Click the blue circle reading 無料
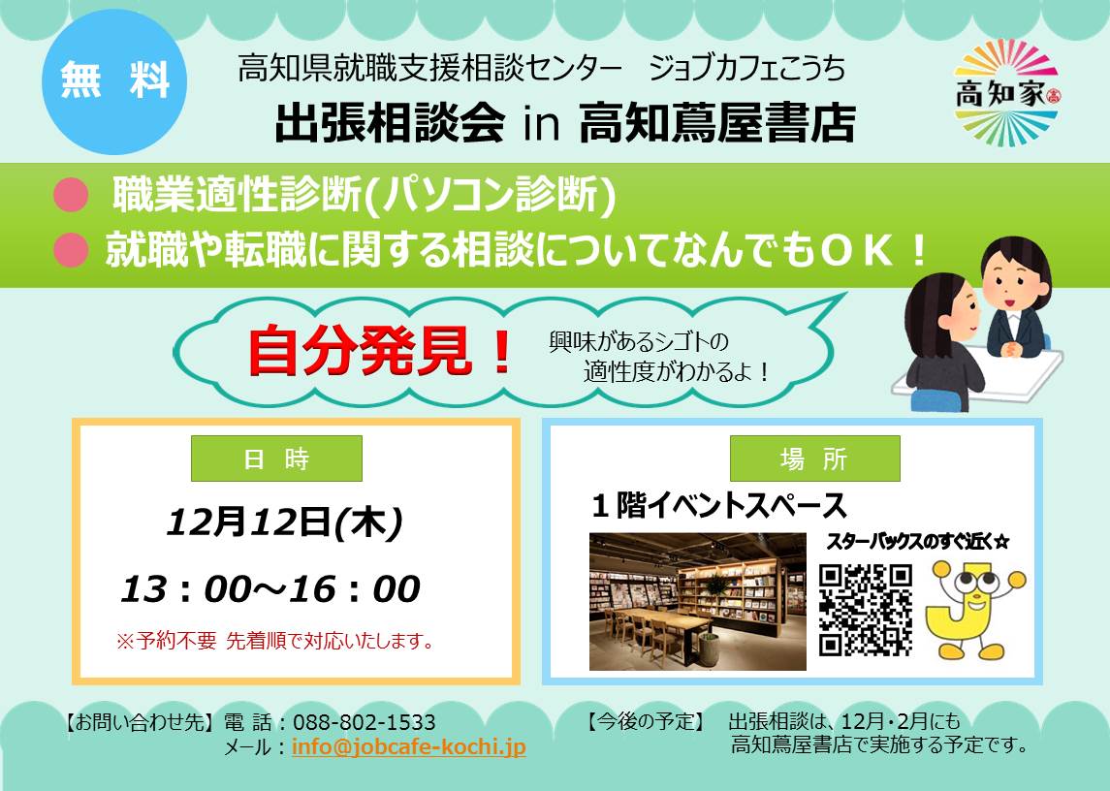(x=114, y=80)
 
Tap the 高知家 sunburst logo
(x=1006, y=93)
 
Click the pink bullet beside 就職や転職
(x=71, y=249)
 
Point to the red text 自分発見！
(x=380, y=351)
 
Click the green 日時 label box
(x=277, y=459)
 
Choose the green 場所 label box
(x=814, y=459)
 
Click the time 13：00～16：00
(x=270, y=589)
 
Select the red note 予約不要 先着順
(x=274, y=641)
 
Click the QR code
(x=865, y=610)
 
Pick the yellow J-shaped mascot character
(x=975, y=609)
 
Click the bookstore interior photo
(x=697, y=601)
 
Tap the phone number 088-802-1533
(x=364, y=722)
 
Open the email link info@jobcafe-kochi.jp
(x=408, y=747)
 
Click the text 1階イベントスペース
(x=719, y=506)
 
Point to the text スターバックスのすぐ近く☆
(x=917, y=542)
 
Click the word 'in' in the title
(x=542, y=125)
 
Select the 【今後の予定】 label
(x=646, y=721)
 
